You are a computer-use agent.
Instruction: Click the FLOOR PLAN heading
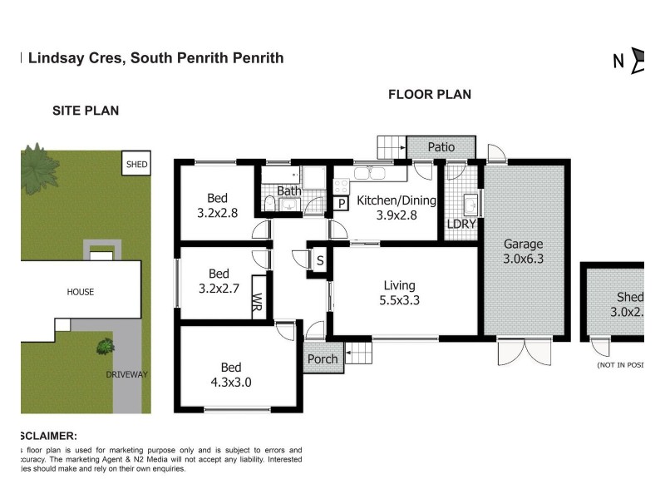coord(430,95)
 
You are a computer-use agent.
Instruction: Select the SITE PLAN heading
coord(86,111)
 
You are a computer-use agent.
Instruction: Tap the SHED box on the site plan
coord(136,165)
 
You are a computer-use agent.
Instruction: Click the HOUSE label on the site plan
coord(81,292)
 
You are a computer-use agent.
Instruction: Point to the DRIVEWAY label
coord(126,374)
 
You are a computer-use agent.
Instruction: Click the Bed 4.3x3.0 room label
coord(230,374)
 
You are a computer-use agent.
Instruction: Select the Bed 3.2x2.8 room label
coord(217,205)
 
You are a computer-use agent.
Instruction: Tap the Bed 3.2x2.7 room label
coord(218,281)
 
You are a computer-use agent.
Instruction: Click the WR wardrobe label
coord(258,301)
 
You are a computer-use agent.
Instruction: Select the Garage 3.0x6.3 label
coord(523,251)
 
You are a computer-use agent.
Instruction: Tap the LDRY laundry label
coord(461,225)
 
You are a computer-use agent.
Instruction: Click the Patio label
coord(441,147)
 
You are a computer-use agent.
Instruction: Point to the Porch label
coord(323,359)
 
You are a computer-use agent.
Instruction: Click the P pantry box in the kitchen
coord(341,203)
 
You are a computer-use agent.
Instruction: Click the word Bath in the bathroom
coord(288,191)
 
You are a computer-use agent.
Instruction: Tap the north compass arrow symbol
coord(638,60)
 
